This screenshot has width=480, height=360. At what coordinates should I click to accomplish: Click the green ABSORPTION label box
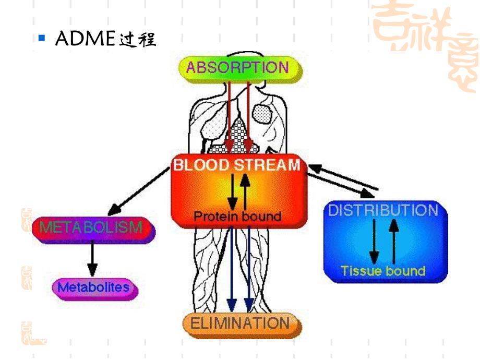pyautogui.click(x=237, y=68)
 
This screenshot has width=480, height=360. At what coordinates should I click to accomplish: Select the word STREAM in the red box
pyautogui.click(x=267, y=165)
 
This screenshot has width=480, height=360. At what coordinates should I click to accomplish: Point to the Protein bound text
pyautogui.click(x=237, y=216)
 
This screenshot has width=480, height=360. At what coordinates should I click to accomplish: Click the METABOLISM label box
pyautogui.click(x=91, y=228)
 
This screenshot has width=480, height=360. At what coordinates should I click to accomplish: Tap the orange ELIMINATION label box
pyautogui.click(x=239, y=323)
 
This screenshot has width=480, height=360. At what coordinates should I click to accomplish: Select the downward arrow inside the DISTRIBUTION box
pyautogui.click(x=374, y=242)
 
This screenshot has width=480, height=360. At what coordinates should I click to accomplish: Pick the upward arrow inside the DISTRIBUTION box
pyautogui.click(x=394, y=241)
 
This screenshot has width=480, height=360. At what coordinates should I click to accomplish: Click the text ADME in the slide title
pyautogui.click(x=85, y=40)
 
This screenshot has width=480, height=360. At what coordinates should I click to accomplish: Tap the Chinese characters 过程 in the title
pyautogui.click(x=137, y=40)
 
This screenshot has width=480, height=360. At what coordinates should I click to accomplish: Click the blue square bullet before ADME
pyautogui.click(x=43, y=39)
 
